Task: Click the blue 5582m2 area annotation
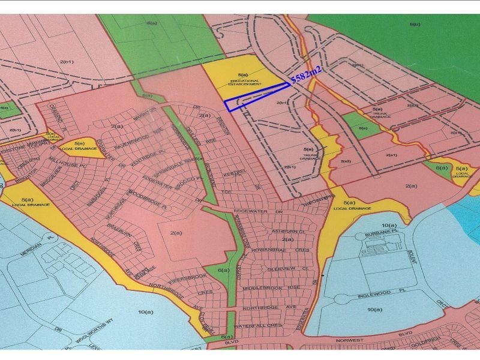pos(307,75)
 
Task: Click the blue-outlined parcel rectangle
pos(255,97)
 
